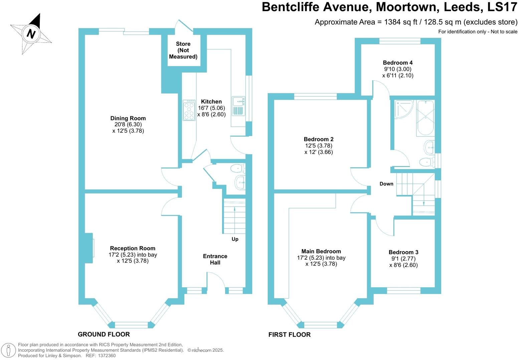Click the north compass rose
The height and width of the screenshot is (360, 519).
click(31, 34)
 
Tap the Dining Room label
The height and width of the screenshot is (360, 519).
click(128, 118)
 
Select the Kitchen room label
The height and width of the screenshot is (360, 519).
click(211, 102)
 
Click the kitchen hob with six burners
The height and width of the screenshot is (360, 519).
click(189, 110)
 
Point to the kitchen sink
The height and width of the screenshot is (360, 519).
click(238, 106)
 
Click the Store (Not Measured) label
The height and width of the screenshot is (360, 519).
click(183, 50)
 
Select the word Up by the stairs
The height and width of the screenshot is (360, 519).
click(235, 239)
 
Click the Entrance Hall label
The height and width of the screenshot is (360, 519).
click(215, 259)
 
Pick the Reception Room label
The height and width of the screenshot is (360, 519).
click(133, 248)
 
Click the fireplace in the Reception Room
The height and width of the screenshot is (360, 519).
click(89, 248)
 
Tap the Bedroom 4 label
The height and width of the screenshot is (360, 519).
click(397, 63)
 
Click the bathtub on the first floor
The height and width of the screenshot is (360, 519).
click(425, 117)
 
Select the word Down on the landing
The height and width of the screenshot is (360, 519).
click(386, 184)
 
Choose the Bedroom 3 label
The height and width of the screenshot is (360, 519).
click(403, 252)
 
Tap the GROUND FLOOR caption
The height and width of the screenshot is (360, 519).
click(104, 334)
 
